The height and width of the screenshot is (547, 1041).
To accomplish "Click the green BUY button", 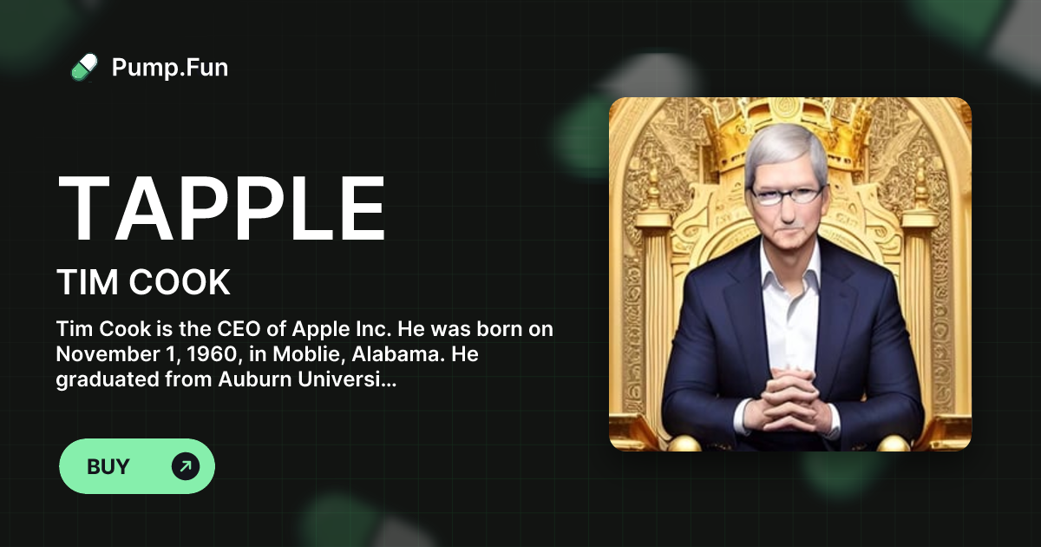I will coord(136,466).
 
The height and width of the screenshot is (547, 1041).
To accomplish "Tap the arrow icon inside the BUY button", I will coord(185,466).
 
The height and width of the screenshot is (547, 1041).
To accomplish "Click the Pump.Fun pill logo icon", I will coord(84,67).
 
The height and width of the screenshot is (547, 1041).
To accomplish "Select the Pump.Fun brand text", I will coord(170,67).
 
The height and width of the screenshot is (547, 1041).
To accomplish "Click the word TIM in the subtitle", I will coord(85,283).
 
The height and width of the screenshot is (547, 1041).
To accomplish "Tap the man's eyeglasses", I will coord(786,193).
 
